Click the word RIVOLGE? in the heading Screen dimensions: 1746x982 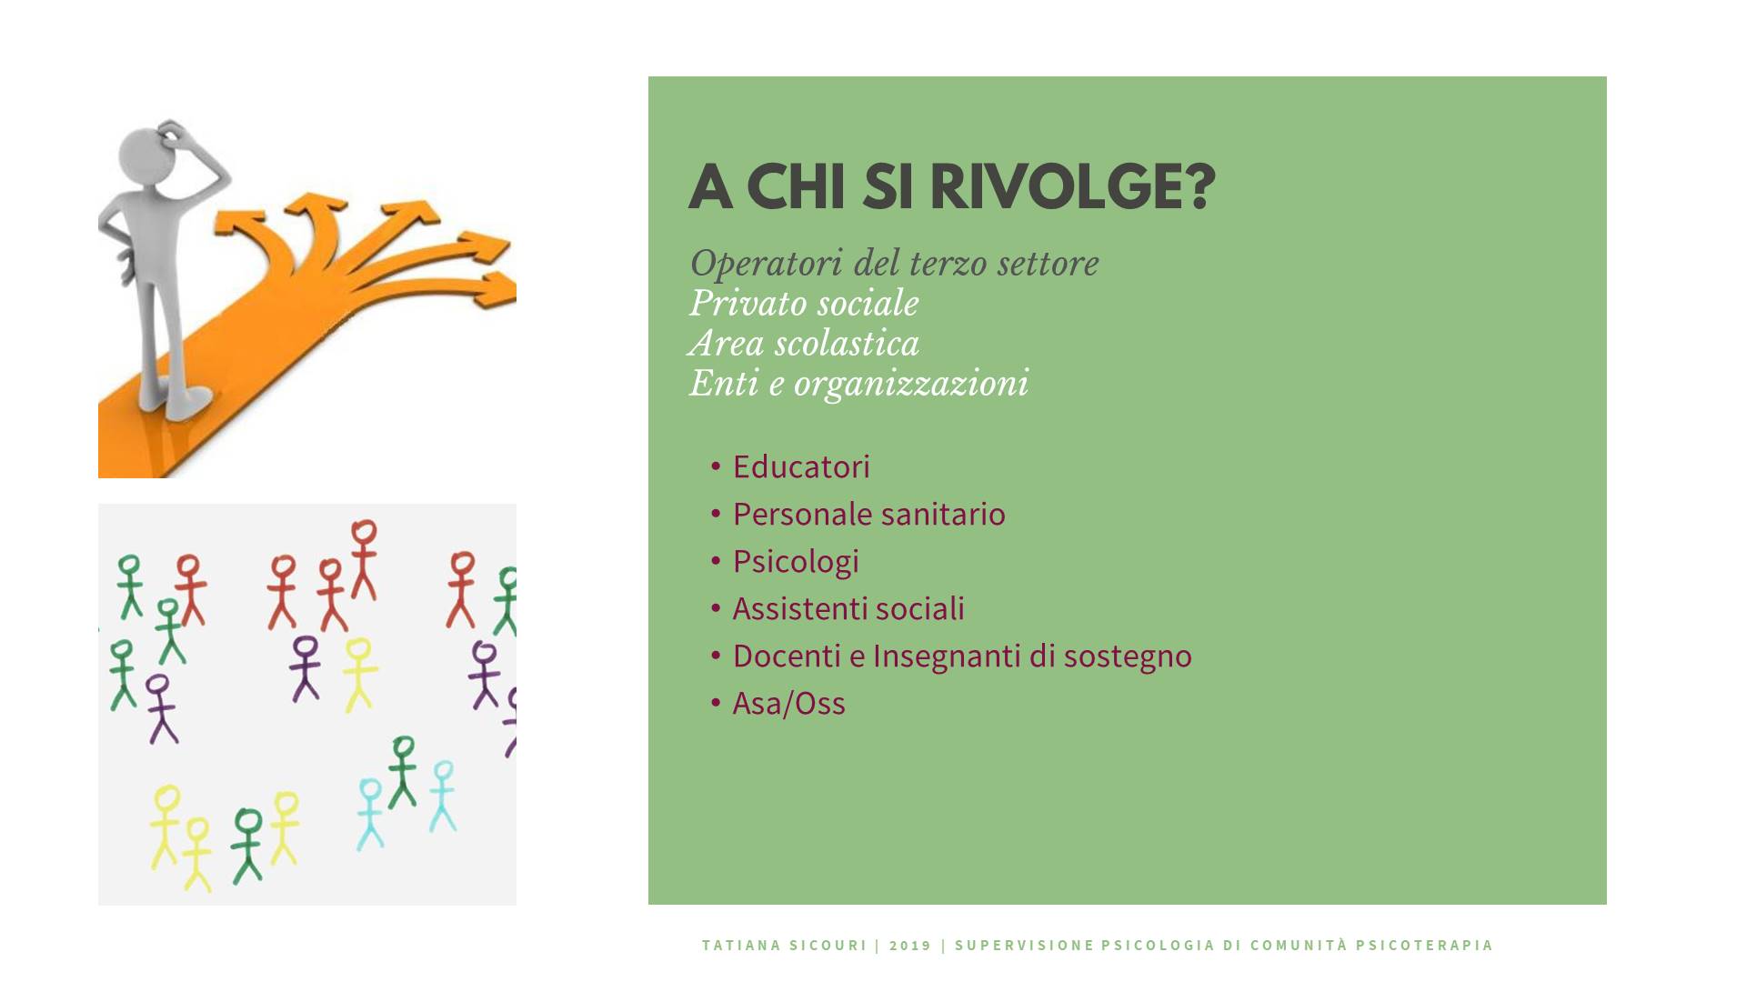coord(1072,186)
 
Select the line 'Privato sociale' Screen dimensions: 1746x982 coord(804,303)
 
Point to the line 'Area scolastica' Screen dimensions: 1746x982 coord(804,343)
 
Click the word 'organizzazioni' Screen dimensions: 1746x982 coord(911,384)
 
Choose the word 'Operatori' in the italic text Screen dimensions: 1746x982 coord(765,264)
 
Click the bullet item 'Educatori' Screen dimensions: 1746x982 coord(801,466)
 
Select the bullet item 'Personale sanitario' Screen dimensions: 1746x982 coord(868,514)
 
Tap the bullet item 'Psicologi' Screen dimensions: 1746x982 coord(796,562)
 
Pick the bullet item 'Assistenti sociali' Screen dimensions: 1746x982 coord(848,608)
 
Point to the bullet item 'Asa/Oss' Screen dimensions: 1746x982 coord(788,703)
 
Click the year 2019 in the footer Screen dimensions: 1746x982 coord(910,946)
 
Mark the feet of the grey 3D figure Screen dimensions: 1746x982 coord(176,401)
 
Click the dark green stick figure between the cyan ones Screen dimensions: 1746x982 coord(402,772)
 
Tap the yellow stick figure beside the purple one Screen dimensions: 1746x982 coord(358,674)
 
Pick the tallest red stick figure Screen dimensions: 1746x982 coord(364,559)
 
